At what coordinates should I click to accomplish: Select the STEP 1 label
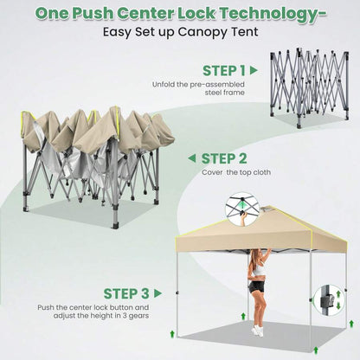coord(224,71)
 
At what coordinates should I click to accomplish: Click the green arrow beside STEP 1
coord(254,70)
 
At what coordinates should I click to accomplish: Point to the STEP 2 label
coord(224,158)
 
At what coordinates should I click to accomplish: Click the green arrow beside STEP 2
coord(192,158)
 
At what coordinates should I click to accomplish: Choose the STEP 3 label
coord(126,293)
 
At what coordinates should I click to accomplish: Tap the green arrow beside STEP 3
coord(157,293)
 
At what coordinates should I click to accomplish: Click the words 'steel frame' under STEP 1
coord(225,93)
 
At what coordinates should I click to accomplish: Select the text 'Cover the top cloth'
coord(236,172)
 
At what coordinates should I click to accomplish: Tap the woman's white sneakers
coord(257,331)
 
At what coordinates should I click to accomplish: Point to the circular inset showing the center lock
coord(242,209)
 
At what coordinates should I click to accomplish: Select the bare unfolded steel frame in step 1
coord(309,88)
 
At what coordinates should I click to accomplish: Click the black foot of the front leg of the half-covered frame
coord(115,225)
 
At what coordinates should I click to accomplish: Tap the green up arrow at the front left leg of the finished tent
coord(172,334)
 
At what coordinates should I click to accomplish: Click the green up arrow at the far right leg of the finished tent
coord(351,324)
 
